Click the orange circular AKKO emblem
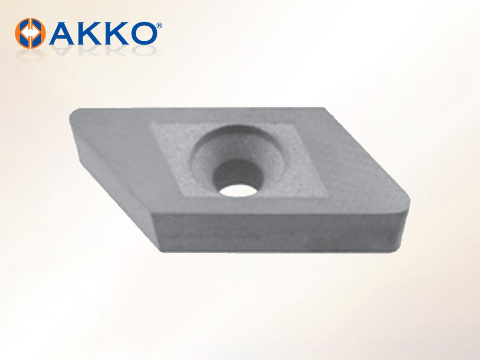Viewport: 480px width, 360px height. [30, 33]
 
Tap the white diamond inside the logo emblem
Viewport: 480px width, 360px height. [30, 33]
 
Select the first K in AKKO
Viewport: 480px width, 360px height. [90, 33]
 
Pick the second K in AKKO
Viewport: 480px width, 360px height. [116, 33]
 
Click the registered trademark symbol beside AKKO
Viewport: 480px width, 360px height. [159, 25]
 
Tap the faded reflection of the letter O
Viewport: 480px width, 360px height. [143, 50]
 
